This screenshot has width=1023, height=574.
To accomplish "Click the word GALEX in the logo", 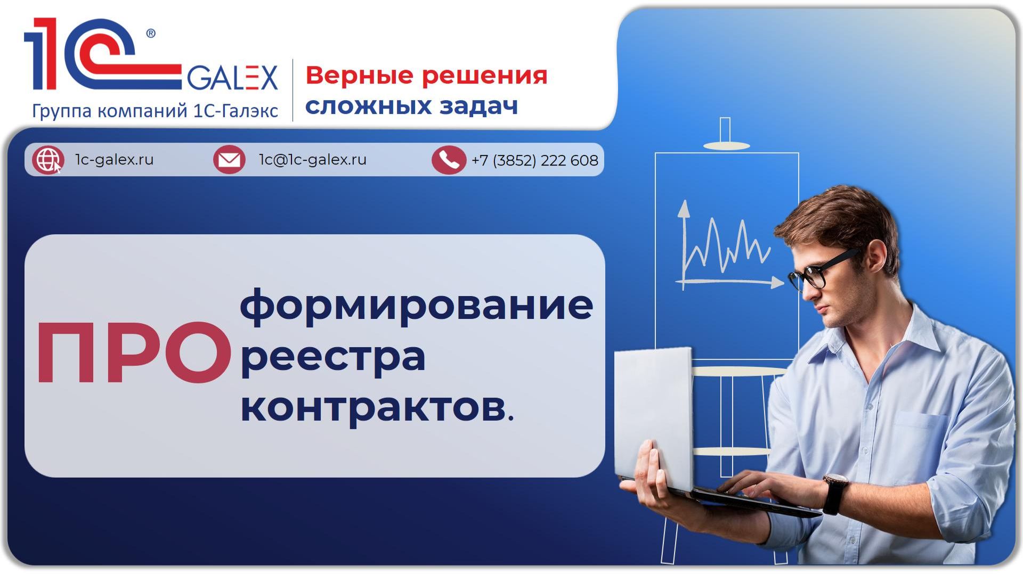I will (x=232, y=78).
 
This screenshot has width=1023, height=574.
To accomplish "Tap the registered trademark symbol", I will (x=151, y=34).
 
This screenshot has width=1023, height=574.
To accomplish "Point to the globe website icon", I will (x=47, y=160).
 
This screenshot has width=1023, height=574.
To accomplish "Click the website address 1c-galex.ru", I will (x=114, y=160).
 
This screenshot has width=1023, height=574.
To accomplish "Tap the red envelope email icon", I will (x=229, y=160).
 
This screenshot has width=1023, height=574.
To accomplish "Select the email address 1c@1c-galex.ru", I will (x=313, y=160).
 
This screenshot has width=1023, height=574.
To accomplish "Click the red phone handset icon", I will (x=449, y=160).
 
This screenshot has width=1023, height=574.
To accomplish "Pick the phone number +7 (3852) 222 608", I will (x=534, y=160).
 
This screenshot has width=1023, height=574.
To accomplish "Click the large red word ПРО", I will (x=133, y=354).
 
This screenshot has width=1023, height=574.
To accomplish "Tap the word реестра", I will (x=333, y=357).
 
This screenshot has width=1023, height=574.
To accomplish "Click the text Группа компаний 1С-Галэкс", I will (x=155, y=111).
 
